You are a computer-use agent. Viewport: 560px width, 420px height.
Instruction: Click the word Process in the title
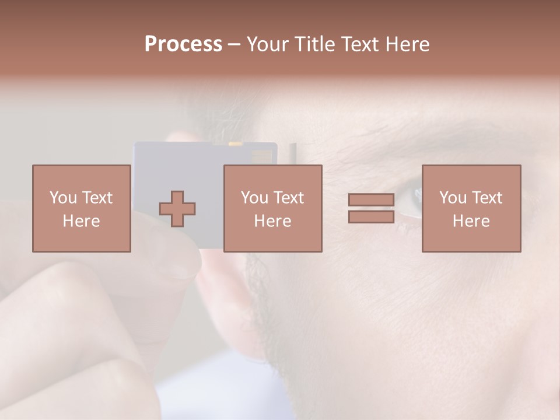point(183,44)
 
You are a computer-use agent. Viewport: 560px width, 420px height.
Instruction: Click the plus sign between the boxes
point(177,209)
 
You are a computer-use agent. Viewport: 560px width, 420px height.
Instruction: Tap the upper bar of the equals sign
point(371,200)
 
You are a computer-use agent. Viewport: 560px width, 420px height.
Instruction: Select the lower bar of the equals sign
point(371,216)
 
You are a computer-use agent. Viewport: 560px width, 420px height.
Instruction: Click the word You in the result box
point(453,198)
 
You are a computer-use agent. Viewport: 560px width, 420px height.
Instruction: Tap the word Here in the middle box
point(273,221)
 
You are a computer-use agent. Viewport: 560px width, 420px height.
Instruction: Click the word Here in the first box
point(82,221)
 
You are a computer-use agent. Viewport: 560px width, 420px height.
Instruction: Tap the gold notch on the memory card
point(235,143)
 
